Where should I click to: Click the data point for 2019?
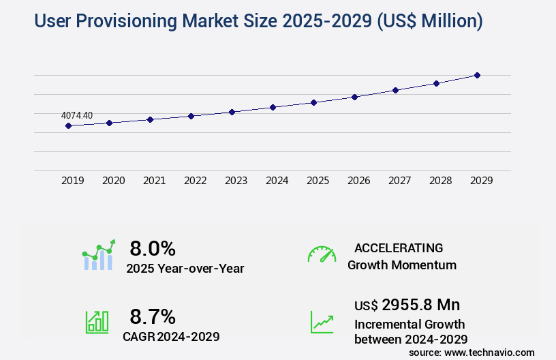(x=68, y=125)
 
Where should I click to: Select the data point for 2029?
(x=477, y=75)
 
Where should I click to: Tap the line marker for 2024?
(x=273, y=107)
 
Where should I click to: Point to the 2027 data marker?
(x=395, y=90)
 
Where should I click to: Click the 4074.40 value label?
(x=77, y=115)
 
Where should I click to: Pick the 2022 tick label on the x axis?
(x=195, y=181)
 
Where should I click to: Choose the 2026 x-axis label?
(x=358, y=181)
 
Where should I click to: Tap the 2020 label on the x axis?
(x=113, y=181)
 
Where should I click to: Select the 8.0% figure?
(x=153, y=248)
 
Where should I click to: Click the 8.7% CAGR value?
(x=153, y=316)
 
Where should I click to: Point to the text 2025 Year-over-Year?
(x=185, y=269)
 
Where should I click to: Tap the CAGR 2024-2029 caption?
(x=171, y=336)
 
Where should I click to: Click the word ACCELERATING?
(x=399, y=247)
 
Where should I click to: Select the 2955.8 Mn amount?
(x=420, y=304)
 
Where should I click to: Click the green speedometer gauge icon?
(x=322, y=254)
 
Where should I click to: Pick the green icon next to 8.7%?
(x=97, y=322)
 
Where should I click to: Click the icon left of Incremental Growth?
(x=322, y=322)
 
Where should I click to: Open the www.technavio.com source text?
(x=489, y=352)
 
